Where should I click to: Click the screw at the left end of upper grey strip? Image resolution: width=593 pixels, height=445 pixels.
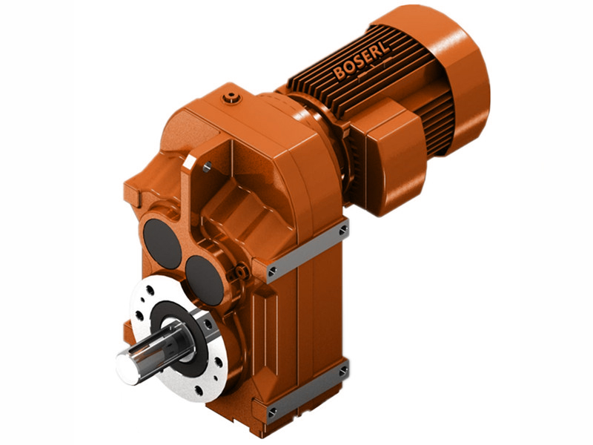(x=272, y=270)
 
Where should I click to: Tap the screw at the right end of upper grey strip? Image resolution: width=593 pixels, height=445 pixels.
(x=342, y=231)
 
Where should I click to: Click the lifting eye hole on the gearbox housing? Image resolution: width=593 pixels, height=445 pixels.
(x=208, y=166)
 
